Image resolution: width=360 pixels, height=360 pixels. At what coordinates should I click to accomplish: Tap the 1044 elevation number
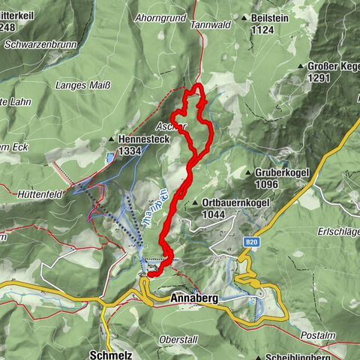[214, 214]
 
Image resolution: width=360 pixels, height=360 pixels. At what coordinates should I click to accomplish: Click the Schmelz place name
[106, 353]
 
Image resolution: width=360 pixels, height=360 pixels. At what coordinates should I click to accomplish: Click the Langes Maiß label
[82, 85]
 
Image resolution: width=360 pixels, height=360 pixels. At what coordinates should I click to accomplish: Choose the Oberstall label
[178, 340]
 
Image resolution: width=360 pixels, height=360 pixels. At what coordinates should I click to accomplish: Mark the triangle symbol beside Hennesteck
[111, 139]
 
